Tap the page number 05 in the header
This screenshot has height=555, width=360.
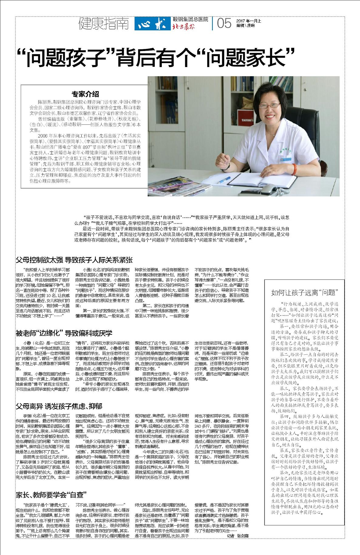[224, 23]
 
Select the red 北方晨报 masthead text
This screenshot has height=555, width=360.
[184, 26]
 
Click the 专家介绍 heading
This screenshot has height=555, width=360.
[85, 94]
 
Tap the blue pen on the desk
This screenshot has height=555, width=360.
[224, 180]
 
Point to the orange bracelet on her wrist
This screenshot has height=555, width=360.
[294, 167]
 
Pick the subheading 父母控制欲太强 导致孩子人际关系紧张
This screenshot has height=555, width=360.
[74, 260]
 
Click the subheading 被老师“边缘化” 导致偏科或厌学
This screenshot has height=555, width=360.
[64, 333]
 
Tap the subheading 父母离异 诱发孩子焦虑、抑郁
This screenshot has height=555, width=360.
[59, 406]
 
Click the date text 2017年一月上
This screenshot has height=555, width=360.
[249, 21]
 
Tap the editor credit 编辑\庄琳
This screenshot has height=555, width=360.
[246, 26]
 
